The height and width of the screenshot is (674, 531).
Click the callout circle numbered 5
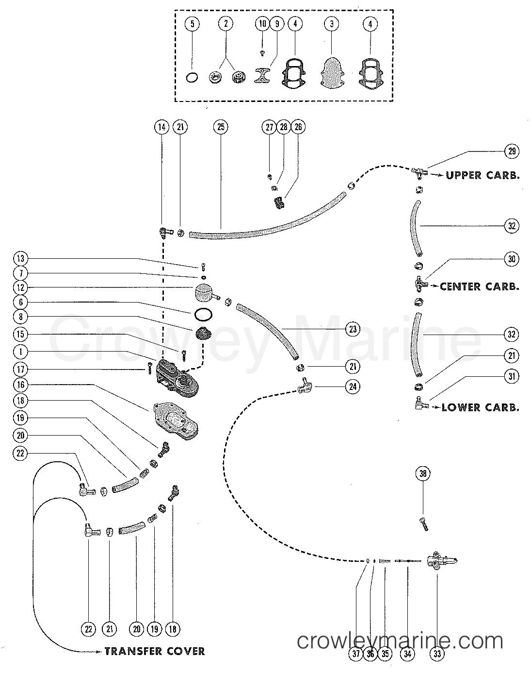click(x=193, y=23)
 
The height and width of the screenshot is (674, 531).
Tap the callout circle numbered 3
click(x=331, y=23)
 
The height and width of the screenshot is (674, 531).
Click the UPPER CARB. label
click(x=482, y=175)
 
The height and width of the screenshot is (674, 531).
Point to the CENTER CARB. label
click(x=479, y=286)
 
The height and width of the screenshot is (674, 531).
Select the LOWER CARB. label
click(x=480, y=407)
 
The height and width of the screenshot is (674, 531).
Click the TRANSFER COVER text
click(x=154, y=651)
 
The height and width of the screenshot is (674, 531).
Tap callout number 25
click(x=220, y=127)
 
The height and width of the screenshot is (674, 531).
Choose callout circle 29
click(x=511, y=151)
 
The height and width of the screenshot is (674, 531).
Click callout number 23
click(x=352, y=329)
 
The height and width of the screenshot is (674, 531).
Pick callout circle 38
click(x=423, y=473)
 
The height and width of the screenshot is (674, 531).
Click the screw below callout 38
click(x=423, y=523)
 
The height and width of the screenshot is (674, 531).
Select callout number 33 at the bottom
click(x=437, y=654)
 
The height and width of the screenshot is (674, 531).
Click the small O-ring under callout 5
click(x=192, y=77)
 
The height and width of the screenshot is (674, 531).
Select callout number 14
click(x=161, y=127)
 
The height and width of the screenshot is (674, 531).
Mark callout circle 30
click(x=511, y=259)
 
